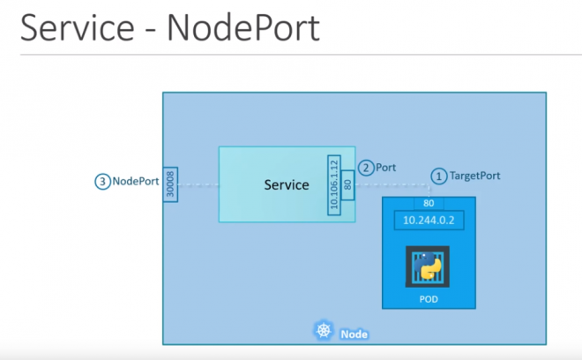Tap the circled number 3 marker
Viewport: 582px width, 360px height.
(x=103, y=182)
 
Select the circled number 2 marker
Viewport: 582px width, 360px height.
(x=366, y=168)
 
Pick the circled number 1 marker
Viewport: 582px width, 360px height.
(x=438, y=176)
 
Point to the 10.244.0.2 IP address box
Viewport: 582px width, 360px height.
(x=428, y=221)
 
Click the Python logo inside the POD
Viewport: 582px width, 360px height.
(x=428, y=267)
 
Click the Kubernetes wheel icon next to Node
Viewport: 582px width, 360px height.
(x=321, y=333)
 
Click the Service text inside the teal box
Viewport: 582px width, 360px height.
(x=287, y=185)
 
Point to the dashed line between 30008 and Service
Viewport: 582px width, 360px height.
(x=198, y=185)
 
